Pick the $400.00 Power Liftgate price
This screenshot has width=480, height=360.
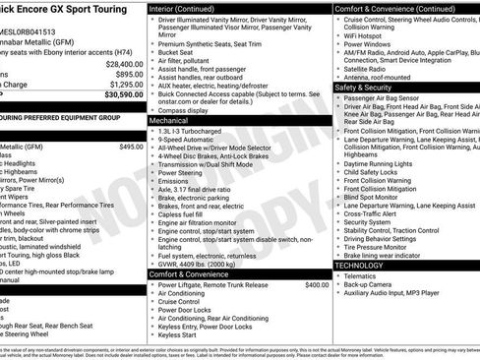(x=317, y=285)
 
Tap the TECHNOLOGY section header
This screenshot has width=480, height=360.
(x=359, y=266)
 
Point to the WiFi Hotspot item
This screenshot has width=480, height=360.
(x=370, y=34)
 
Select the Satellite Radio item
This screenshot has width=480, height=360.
(x=372, y=69)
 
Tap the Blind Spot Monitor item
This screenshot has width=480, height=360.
(x=379, y=197)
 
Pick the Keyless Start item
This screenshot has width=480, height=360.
(x=177, y=335)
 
